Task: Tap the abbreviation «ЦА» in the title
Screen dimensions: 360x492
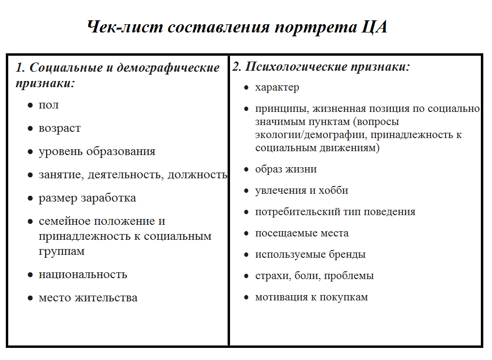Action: (375, 27)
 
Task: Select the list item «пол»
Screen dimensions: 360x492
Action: (48, 105)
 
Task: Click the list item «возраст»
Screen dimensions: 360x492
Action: (60, 128)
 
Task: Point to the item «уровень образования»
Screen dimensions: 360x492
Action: (97, 151)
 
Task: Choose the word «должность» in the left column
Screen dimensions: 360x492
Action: (197, 174)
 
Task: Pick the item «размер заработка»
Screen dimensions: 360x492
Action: (87, 198)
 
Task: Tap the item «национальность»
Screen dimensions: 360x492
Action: (83, 274)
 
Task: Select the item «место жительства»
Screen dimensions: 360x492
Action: (88, 297)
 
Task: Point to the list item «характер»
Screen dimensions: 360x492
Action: (277, 88)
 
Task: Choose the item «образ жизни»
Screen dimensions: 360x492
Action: (286, 169)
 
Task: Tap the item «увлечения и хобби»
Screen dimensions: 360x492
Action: (301, 190)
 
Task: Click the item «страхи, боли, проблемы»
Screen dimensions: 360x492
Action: (314, 276)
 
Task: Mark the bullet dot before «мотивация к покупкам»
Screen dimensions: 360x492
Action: (246, 297)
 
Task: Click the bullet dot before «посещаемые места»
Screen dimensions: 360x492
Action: (246, 233)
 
